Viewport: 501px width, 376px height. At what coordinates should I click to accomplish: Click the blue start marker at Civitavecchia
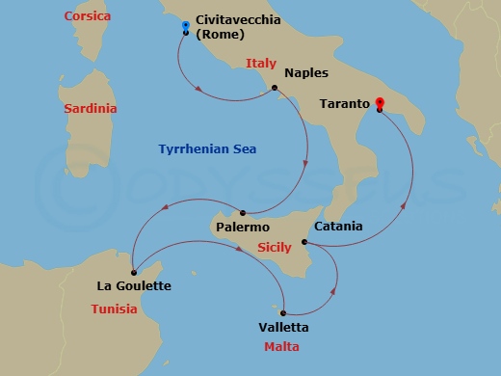click(x=185, y=28)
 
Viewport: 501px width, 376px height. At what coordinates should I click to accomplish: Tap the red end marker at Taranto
click(x=380, y=104)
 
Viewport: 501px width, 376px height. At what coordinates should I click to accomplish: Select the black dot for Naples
click(x=275, y=89)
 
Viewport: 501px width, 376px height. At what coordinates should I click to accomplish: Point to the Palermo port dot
click(x=243, y=213)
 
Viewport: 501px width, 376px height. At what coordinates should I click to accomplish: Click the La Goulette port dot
click(x=133, y=273)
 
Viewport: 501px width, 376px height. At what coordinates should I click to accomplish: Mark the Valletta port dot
click(x=283, y=311)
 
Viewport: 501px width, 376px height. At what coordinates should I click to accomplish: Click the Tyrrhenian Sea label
click(x=214, y=148)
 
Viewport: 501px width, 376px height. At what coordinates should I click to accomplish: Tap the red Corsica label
click(x=88, y=16)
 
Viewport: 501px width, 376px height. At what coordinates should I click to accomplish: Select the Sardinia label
click(x=91, y=109)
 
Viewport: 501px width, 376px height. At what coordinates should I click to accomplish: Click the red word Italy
click(x=261, y=64)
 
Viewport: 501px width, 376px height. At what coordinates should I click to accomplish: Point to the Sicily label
click(x=275, y=248)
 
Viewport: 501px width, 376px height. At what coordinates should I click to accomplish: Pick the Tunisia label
click(x=116, y=309)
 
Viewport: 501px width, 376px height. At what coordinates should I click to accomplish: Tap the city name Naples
click(x=307, y=73)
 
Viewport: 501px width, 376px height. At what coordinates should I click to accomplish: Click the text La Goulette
click(x=134, y=286)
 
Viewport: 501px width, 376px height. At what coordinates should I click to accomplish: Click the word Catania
click(x=339, y=227)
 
